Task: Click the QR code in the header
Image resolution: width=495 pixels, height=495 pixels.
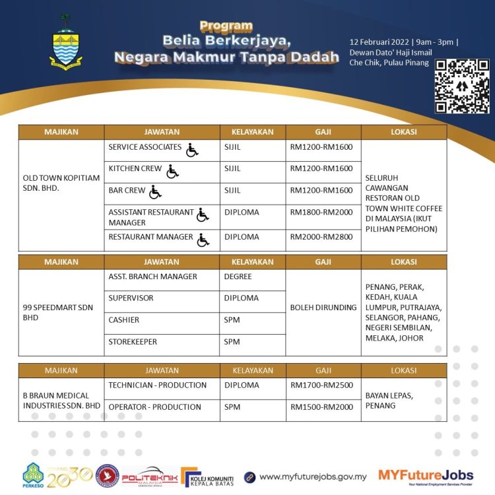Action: pyautogui.click(x=461, y=86)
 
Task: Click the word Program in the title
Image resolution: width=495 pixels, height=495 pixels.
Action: pyautogui.click(x=226, y=26)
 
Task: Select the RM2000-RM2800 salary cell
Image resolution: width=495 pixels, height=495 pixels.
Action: pyautogui.click(x=321, y=237)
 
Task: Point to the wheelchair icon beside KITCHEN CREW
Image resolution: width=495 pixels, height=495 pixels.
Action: pyautogui.click(x=172, y=172)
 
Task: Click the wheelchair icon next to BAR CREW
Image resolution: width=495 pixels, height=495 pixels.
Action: pyautogui.click(x=155, y=192)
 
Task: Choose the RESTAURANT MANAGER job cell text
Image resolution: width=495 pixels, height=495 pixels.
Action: pyautogui.click(x=150, y=237)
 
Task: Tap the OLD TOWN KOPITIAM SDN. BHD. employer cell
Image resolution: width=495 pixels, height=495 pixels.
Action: pyautogui.click(x=52, y=183)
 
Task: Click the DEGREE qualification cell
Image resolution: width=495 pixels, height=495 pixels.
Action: pyautogui.click(x=238, y=277)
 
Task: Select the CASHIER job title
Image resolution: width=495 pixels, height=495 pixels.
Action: pyautogui.click(x=124, y=320)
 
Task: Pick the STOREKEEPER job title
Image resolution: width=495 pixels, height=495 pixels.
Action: pyautogui.click(x=133, y=342)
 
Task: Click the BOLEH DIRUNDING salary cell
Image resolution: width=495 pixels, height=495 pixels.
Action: pyautogui.click(x=323, y=308)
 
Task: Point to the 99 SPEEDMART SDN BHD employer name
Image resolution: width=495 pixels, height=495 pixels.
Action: pyautogui.click(x=58, y=312)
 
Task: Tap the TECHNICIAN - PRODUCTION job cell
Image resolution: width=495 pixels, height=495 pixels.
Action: pyautogui.click(x=158, y=385)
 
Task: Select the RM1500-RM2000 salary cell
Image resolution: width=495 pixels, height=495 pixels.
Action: pyautogui.click(x=321, y=407)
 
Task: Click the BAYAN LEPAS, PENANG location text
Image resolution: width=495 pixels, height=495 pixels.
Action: pyautogui.click(x=389, y=400)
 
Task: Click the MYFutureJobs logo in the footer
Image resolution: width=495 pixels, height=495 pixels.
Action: pyautogui.click(x=425, y=476)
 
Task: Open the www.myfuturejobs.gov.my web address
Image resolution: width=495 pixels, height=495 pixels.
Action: pyautogui.click(x=313, y=477)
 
